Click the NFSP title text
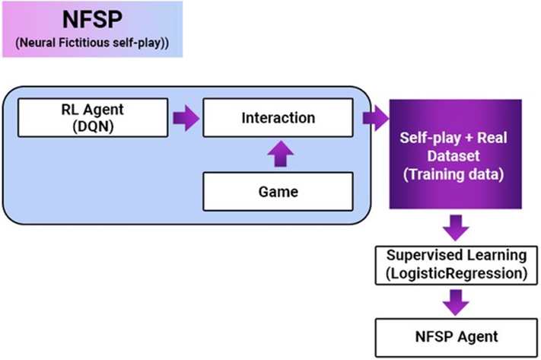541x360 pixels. click(x=89, y=18)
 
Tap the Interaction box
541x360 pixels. click(x=278, y=119)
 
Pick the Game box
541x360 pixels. click(x=278, y=192)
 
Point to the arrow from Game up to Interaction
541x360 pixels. click(x=278, y=155)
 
